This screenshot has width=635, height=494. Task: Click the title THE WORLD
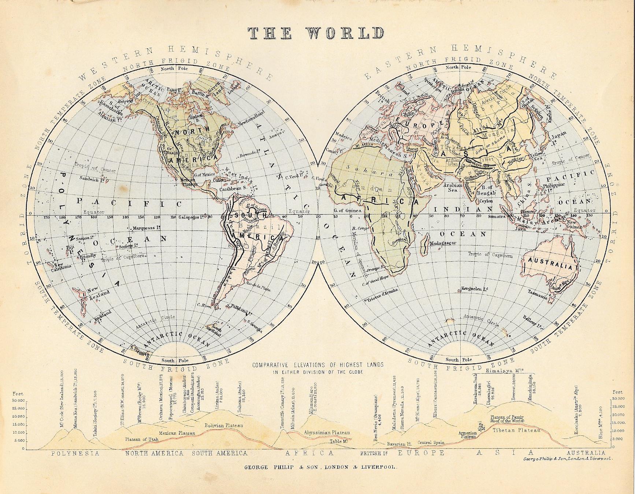click(317, 33)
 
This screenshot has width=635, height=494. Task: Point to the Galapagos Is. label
click(191, 217)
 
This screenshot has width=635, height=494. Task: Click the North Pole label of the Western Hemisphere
click(174, 68)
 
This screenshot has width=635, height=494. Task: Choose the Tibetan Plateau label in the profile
click(517, 430)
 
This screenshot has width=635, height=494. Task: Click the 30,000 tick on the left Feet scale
click(18, 400)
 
